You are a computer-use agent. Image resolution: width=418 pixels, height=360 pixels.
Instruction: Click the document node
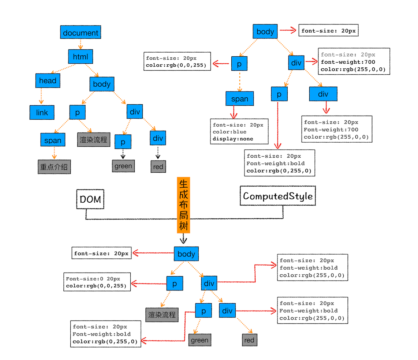[81, 33]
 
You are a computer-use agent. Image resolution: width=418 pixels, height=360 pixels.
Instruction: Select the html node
[81, 57]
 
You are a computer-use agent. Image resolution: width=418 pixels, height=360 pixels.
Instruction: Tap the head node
[48, 80]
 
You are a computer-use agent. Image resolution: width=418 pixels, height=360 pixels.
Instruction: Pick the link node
[42, 112]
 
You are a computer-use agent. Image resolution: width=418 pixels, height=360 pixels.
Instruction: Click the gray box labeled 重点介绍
[54, 167]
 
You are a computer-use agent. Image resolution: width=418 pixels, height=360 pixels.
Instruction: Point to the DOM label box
[90, 199]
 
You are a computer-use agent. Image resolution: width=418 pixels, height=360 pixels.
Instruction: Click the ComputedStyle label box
[278, 196]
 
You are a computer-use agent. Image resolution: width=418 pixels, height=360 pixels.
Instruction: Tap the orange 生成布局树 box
[183, 205]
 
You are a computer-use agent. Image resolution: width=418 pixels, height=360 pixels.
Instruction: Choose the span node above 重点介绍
[53, 140]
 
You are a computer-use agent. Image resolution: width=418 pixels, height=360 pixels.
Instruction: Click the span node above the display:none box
[239, 99]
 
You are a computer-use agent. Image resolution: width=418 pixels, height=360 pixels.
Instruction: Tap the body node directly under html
[102, 84]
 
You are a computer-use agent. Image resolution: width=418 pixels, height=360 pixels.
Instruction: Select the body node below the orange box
[186, 254]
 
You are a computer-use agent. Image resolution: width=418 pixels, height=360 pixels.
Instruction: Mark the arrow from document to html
[81, 45]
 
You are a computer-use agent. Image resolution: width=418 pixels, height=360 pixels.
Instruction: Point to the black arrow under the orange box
[183, 239]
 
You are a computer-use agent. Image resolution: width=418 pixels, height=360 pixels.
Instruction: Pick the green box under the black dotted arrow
[123, 166]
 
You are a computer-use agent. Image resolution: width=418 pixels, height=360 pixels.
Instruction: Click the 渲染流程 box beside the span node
[94, 140]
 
